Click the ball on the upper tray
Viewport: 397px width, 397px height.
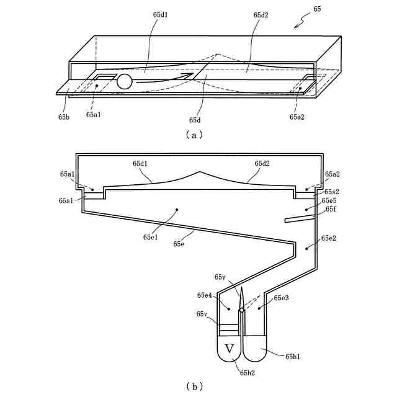point(125,81)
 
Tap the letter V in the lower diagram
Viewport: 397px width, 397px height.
point(230,349)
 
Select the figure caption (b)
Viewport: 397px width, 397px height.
point(194,386)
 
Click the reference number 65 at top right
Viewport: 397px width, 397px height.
point(318,10)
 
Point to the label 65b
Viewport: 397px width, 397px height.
point(64,117)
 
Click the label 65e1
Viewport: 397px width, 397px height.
point(151,237)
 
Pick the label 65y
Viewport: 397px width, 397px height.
point(221,277)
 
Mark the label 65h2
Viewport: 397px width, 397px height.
point(246,372)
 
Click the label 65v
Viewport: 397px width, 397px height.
point(202,314)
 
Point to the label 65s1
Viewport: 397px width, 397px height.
point(67,201)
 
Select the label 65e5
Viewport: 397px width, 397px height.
point(329,201)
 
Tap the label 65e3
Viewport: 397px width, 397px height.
point(282,298)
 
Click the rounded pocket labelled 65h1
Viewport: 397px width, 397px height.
point(256,350)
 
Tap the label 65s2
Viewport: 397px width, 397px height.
point(331,192)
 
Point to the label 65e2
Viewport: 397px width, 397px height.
point(329,238)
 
